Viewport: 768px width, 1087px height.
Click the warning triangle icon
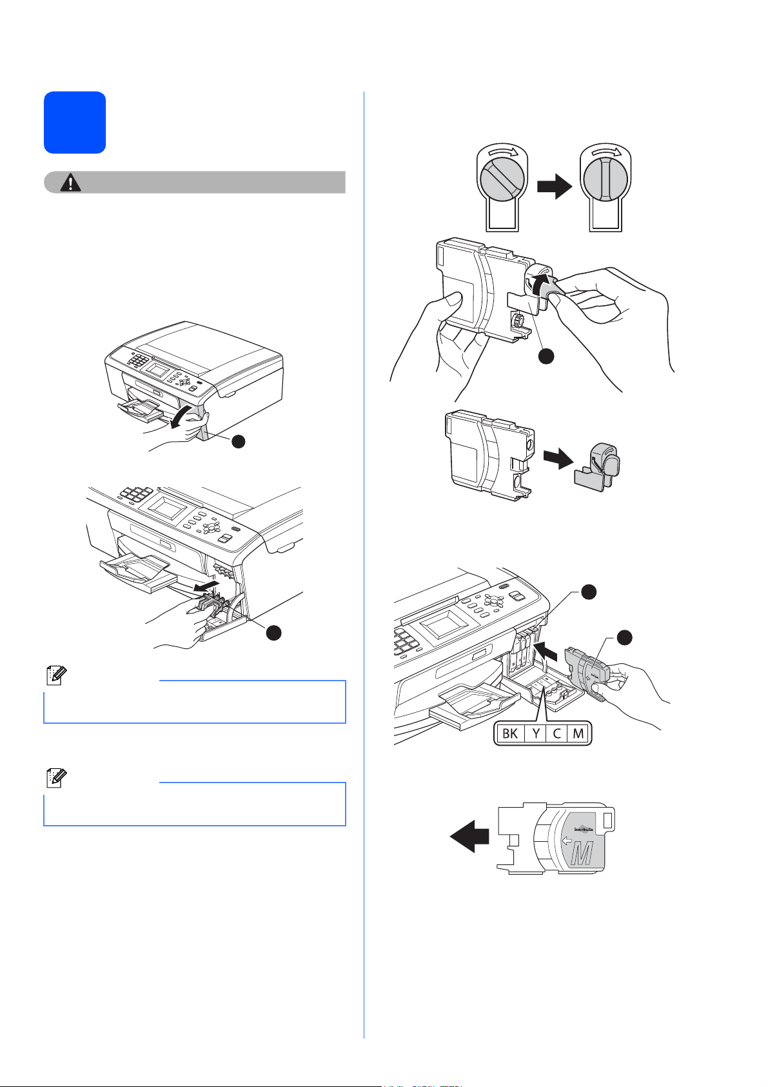[70, 183]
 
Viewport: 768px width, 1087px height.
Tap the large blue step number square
[75, 123]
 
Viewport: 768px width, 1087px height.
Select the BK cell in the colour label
[509, 733]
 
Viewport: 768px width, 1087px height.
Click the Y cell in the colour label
[536, 733]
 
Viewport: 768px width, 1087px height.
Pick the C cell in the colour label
[556, 733]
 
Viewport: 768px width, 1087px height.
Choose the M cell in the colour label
[578, 733]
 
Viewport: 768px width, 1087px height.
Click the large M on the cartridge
[582, 853]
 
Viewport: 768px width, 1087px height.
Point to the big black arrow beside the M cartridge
[469, 836]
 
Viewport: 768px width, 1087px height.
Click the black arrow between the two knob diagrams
[555, 186]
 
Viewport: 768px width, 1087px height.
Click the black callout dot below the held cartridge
[546, 356]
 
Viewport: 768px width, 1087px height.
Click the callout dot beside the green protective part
[273, 633]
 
